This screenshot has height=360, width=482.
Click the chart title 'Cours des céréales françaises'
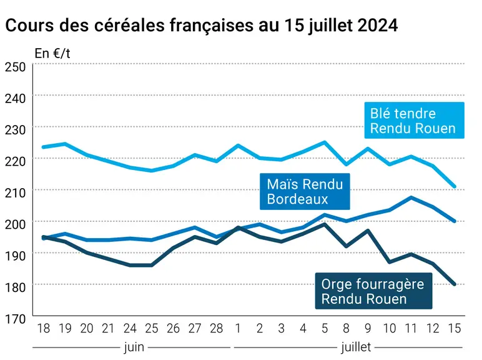coord(131,25)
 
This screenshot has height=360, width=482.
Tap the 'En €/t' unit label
coord(52,54)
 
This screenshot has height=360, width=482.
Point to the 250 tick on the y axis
coord(15,67)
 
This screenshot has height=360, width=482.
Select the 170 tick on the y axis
coord(15,319)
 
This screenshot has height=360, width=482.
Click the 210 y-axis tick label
coord(15,193)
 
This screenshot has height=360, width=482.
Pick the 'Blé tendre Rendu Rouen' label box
coord(414,120)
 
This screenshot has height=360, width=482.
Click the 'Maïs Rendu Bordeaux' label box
coord(305,191)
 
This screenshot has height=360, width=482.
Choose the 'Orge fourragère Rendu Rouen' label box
coord(373,291)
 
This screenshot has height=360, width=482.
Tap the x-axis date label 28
coord(217,328)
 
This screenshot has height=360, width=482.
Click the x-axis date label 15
coord(455,328)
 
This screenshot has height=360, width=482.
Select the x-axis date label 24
coord(130,328)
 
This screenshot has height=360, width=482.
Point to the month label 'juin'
coord(134,347)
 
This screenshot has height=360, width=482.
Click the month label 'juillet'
coord(356,347)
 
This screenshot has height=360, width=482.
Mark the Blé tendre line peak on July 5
coord(325,142)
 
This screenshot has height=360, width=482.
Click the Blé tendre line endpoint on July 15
coord(455,186)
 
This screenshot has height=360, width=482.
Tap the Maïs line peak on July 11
coord(411,197)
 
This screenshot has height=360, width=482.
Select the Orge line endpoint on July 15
coord(455,284)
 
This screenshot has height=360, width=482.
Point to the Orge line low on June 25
coord(152,265)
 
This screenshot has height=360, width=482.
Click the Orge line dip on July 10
coord(390,262)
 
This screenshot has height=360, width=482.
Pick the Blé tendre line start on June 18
coord(43,147)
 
